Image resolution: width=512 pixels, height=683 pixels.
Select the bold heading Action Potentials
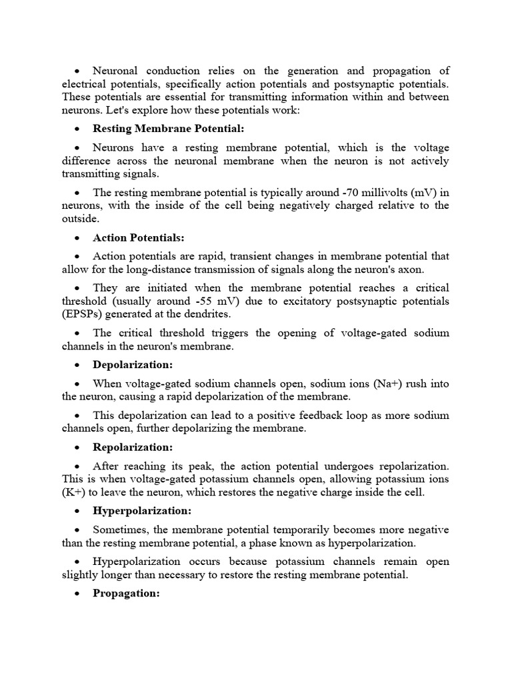pos(139,237)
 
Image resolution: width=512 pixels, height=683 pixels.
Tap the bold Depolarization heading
pos(133,365)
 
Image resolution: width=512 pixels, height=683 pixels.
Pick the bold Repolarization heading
pos(133,447)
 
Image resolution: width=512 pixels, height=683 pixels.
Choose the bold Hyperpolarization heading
pos(142,511)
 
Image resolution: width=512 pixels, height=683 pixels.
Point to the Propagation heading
pos(126,593)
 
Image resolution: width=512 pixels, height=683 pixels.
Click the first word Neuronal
pos(117,71)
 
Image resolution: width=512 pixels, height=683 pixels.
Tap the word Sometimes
pos(120,530)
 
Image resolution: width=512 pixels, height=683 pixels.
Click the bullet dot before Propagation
pos(78,594)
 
